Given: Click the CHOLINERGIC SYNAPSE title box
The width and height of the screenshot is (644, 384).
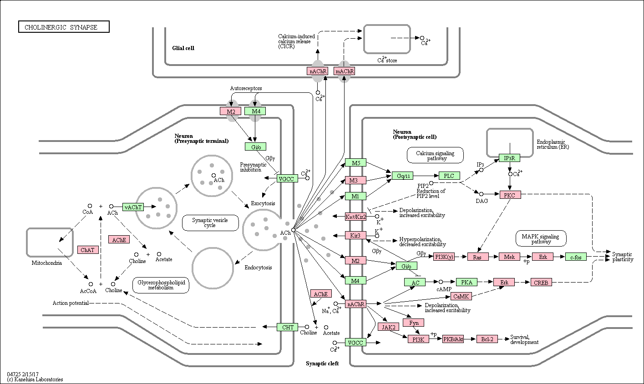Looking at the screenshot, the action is click(64, 27).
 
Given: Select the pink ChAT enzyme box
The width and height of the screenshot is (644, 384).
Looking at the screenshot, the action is click(88, 250).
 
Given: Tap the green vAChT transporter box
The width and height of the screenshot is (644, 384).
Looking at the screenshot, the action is click(133, 207).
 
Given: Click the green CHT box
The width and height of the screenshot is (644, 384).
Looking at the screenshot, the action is click(288, 327).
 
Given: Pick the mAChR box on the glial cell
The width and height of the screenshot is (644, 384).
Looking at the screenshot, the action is click(345, 71).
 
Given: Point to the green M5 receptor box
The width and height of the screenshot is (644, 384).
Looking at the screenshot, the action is click(355, 163).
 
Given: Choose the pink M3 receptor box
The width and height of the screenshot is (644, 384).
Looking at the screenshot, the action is click(355, 180).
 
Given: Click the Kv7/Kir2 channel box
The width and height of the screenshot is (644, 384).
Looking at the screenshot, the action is click(355, 217).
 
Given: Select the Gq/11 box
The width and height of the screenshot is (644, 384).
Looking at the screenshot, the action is click(403, 176).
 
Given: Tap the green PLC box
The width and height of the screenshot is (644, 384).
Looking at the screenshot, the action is click(449, 176).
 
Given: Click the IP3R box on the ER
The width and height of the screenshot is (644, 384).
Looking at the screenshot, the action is click(509, 158).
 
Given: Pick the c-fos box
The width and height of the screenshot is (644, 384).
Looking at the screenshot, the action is click(576, 257).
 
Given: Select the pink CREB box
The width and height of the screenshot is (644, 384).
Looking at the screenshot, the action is click(541, 282).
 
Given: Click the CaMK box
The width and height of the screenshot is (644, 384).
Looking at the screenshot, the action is click(461, 296).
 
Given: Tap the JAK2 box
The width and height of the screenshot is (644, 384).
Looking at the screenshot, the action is click(388, 327).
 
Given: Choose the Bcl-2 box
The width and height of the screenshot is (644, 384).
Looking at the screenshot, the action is click(487, 339).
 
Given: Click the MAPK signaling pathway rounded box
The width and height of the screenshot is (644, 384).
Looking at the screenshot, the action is click(541, 238).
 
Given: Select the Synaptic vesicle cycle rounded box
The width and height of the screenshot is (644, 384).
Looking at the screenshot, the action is click(210, 223).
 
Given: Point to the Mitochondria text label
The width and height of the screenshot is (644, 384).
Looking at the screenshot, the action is click(46, 263).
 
